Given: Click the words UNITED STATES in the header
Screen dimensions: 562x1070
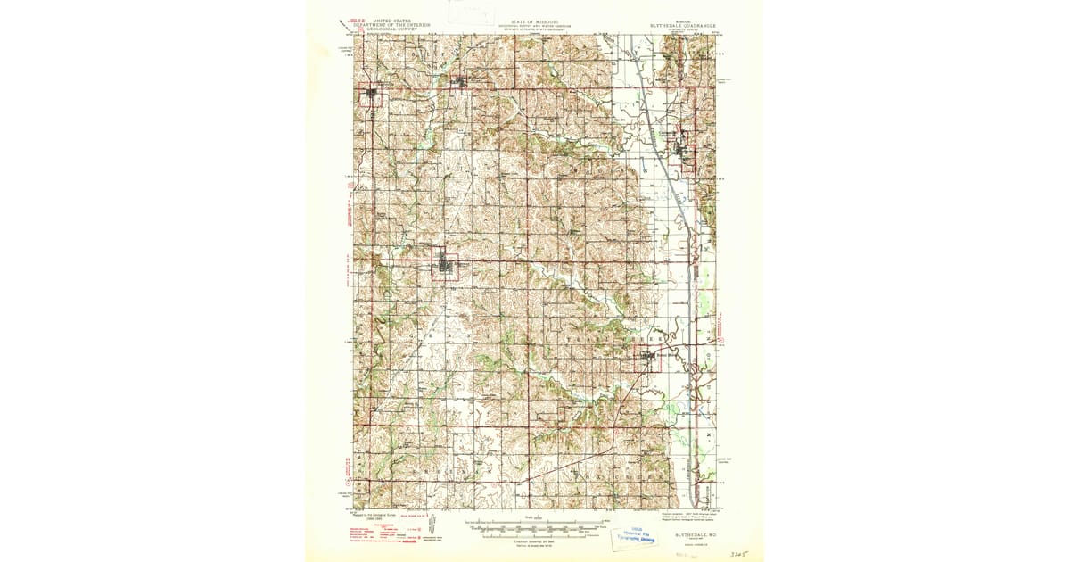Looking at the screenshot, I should pos(393,19).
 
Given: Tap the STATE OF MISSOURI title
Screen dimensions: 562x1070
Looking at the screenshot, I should pos(535,20).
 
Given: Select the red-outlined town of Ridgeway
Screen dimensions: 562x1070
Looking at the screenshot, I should pos(446,265).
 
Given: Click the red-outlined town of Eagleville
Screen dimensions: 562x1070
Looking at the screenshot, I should pos(370,96).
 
